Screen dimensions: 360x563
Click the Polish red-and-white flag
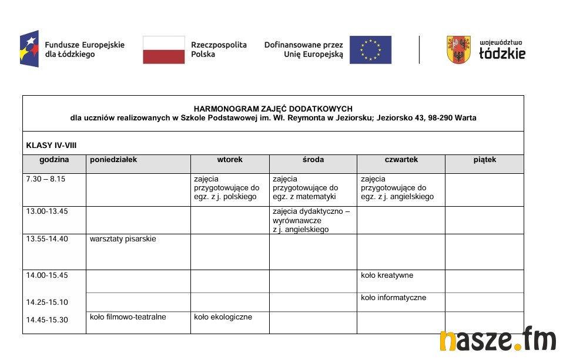pyautogui.click(x=164, y=50)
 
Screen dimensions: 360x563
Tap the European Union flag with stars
pyautogui.click(x=370, y=50)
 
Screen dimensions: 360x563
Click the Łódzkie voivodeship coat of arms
pyautogui.click(x=458, y=50)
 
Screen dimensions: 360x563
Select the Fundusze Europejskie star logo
pyautogui.click(x=29, y=49)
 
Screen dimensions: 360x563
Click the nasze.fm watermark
pyautogui.click(x=498, y=340)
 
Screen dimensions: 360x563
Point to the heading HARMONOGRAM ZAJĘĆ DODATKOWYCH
pyautogui.click(x=273, y=109)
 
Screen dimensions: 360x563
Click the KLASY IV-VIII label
pyautogui.click(x=52, y=145)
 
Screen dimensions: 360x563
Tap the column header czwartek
pyautogui.click(x=401, y=160)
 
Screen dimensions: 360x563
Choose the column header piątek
pyautogui.click(x=485, y=160)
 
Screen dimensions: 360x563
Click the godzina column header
pyautogui.click(x=55, y=160)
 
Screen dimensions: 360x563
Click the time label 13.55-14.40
pyautogui.click(x=47, y=239)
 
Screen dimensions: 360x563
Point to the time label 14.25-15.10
pyautogui.click(x=47, y=302)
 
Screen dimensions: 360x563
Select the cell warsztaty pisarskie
pyautogui.click(x=123, y=239)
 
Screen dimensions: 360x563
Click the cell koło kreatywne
pyautogui.click(x=387, y=275)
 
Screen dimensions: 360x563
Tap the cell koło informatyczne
pyautogui.click(x=393, y=298)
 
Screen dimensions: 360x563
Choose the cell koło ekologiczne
pyautogui.click(x=223, y=317)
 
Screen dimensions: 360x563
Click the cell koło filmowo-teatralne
pyautogui.click(x=128, y=317)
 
